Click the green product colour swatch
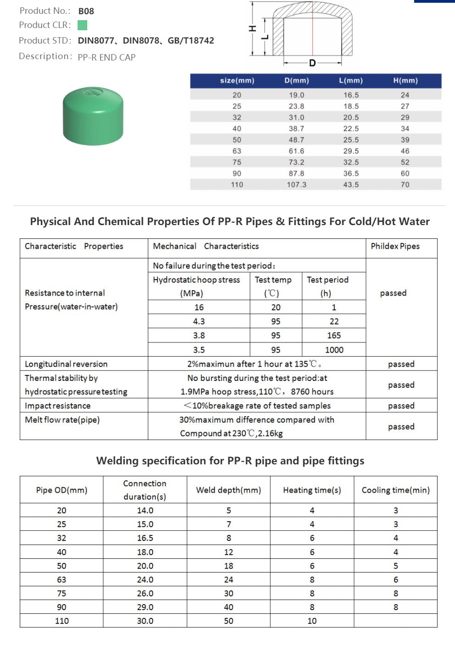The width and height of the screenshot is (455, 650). coord(83,25)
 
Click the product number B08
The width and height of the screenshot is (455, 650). coord(86,11)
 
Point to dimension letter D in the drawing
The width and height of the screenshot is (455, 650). coord(312,63)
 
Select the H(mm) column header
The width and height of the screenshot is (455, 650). coord(405,81)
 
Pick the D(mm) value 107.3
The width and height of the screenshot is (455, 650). coord(297,185)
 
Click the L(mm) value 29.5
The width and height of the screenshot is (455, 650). coord(351,151)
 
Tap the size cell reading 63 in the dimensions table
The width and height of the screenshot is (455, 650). coord(237,151)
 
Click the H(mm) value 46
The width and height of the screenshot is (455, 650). coord(405,151)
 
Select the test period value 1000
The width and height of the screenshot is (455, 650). coord(334,350)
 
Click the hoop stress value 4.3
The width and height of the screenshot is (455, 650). coord(199,321)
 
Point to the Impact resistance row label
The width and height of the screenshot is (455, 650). coord(58,406)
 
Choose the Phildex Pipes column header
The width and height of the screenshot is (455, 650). coord(395,246)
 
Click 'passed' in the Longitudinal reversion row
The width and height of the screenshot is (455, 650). coord(401,364)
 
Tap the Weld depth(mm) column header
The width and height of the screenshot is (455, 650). coord(229,490)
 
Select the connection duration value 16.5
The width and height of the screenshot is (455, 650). coord(145,538)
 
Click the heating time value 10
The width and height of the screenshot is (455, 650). coord(312,621)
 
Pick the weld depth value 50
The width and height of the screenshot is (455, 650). coord(229,621)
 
